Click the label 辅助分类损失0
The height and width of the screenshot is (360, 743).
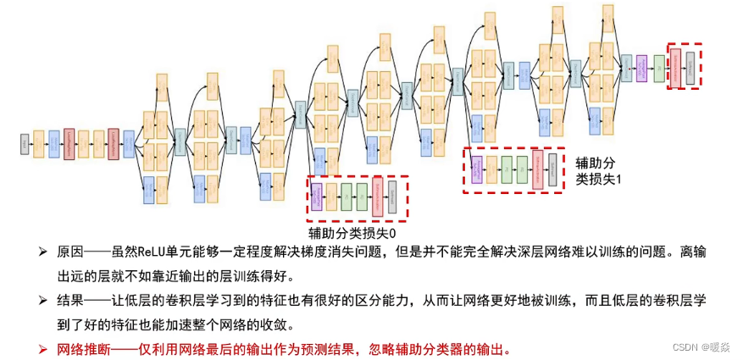tap(352, 232)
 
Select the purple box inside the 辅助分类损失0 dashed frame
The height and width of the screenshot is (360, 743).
tap(316, 197)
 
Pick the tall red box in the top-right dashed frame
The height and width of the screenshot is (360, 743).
tap(675, 65)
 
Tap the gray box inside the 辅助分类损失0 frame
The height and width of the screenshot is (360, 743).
tap(391, 197)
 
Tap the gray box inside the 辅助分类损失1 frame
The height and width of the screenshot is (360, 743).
tap(552, 169)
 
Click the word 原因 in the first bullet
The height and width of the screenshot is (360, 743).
tap(69, 252)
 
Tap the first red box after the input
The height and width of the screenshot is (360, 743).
tap(69, 144)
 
